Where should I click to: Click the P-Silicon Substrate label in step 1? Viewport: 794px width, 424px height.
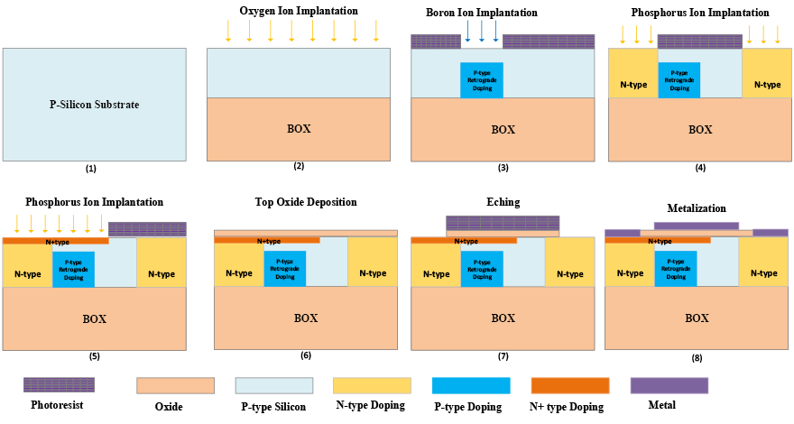[94, 105]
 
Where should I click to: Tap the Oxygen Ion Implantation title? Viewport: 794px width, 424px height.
[298, 11]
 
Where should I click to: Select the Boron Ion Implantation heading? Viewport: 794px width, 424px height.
[482, 13]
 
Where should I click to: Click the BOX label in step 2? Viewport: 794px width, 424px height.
[299, 129]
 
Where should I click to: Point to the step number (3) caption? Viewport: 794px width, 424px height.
[503, 169]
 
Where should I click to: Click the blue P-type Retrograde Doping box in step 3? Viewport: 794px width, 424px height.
[482, 79]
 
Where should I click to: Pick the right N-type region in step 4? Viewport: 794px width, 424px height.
[768, 85]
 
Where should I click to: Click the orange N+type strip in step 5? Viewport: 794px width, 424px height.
[56, 241]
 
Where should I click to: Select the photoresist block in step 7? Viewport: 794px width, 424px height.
[503, 223]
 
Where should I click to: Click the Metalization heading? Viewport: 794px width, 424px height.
[697, 208]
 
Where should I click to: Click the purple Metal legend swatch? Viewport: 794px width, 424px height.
[669, 385]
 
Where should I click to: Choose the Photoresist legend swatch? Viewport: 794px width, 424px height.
[59, 385]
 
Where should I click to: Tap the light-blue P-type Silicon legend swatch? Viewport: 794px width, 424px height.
[274, 385]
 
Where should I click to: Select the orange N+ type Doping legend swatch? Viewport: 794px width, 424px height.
[569, 385]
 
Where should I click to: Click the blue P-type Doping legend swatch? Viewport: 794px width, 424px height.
[471, 385]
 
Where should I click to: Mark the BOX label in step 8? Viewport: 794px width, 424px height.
[697, 318]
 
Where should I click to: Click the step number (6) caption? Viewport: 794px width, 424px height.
[306, 355]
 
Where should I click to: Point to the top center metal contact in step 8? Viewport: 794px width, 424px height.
[696, 226]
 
